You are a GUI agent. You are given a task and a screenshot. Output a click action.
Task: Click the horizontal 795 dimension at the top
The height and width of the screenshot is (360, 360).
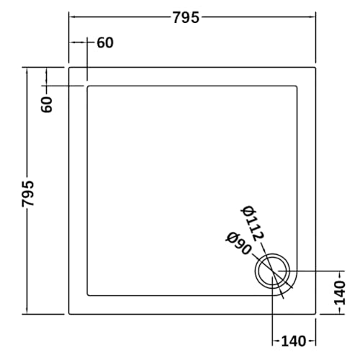click(186, 17)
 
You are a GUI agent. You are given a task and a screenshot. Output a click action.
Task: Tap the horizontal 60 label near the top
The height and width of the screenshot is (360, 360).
click(104, 42)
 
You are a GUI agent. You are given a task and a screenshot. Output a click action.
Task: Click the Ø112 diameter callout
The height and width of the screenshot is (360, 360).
click(253, 220)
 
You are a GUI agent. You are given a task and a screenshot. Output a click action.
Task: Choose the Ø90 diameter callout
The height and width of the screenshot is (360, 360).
click(238, 244)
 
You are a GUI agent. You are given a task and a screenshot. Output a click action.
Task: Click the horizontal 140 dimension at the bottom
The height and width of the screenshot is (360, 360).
click(294, 341)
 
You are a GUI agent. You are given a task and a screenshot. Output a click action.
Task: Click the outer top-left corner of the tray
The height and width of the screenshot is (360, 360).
click(69, 68)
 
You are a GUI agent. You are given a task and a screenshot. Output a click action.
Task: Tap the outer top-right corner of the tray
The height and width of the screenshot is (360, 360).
click(317, 68)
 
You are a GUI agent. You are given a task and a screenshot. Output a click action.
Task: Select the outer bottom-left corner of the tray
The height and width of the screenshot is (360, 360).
click(69, 314)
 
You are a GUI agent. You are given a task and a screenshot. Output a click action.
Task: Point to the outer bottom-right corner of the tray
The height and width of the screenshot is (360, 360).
click(317, 314)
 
